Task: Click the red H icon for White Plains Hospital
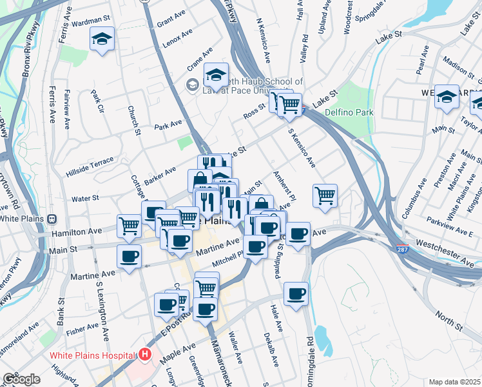tap(146, 355)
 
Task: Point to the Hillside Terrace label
tap(90, 166)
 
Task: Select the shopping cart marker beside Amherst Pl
tap(325, 195)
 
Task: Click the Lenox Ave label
tap(178, 45)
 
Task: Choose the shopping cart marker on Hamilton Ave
tap(130, 226)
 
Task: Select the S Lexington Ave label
tap(102, 307)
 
